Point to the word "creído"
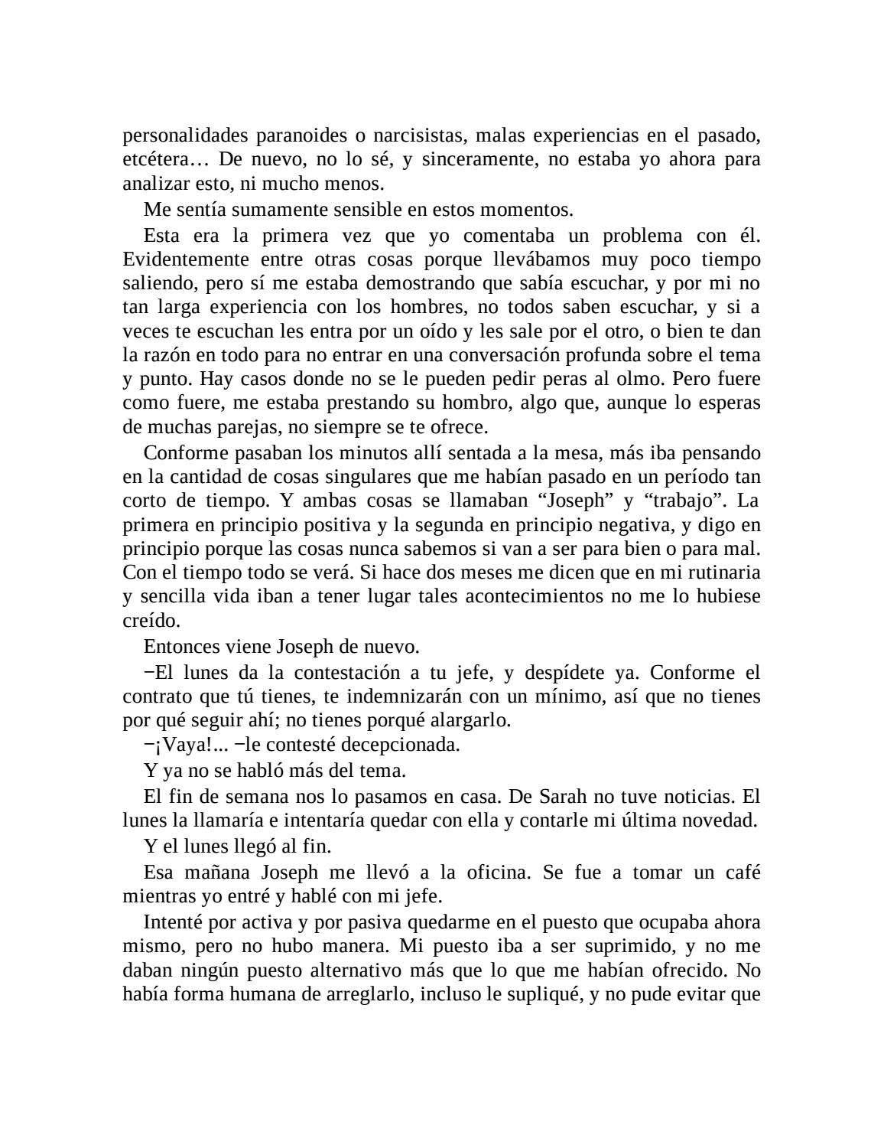151,621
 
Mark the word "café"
741,872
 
